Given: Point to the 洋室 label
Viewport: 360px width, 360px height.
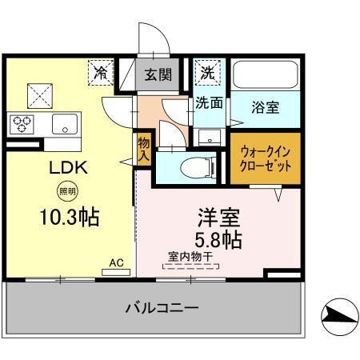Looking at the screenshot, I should [217, 216].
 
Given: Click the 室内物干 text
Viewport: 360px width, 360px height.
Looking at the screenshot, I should [190, 257].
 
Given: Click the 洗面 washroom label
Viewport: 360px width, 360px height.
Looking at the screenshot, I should [209, 102].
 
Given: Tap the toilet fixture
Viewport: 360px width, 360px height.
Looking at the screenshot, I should [194, 167].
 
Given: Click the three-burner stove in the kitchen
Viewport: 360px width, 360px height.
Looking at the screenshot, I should [22, 124].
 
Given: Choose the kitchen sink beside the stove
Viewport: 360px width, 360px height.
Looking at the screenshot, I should [64, 124].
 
